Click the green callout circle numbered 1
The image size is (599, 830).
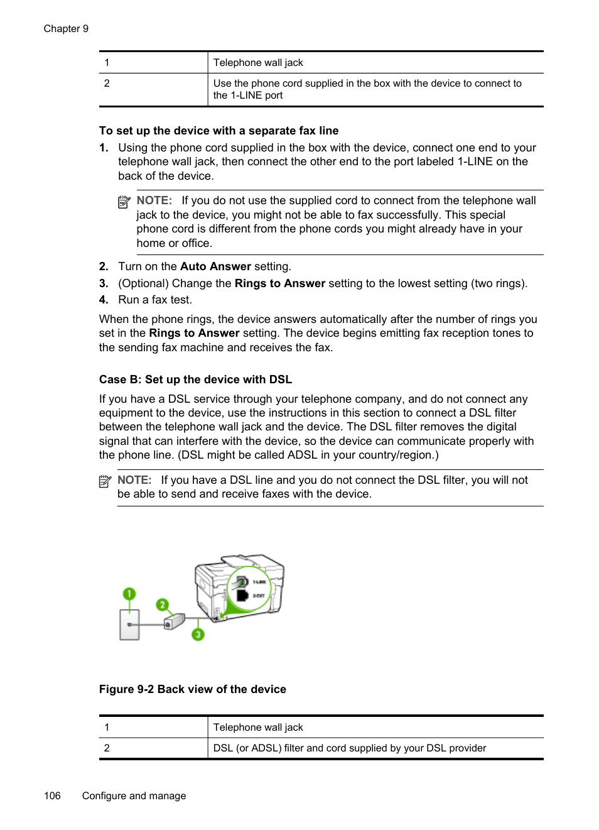pos(129,594)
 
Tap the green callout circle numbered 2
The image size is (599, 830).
pos(163,604)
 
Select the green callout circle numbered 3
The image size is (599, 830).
pos(198,634)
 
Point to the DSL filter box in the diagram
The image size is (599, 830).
pos(173,621)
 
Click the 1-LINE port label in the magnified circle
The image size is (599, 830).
pos(259,582)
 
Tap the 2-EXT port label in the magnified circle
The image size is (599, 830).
pos(259,596)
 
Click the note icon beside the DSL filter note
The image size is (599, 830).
pos(105,481)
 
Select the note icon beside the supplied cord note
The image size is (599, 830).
pos(124,202)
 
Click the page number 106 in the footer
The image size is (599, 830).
pos(52,795)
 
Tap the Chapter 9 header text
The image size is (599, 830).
pos(66,29)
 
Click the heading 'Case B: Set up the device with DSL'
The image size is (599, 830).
pos(195,380)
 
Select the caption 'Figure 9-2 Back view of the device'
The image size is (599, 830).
pos(192,689)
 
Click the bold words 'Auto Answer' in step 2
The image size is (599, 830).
pos(215,266)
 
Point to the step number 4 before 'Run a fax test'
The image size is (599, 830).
pos(104,300)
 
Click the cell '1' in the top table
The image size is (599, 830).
pos(107,63)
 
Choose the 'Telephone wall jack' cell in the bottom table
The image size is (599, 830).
pos(258,727)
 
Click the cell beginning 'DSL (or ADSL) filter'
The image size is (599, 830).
pos(349,748)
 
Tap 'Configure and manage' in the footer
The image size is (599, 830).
pos(134,795)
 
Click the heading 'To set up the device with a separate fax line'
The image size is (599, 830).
pos(219,131)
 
